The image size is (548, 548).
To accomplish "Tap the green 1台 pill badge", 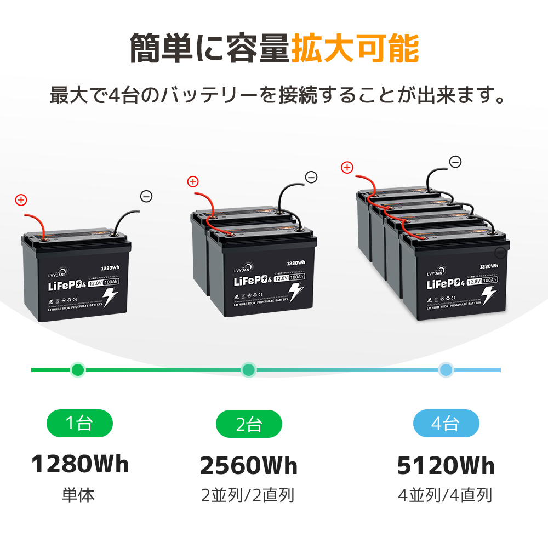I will [79, 423].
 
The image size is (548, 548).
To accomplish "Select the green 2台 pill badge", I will [249, 424].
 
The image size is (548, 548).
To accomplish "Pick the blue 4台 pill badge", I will [446, 423].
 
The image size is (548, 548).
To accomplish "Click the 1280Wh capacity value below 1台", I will [80, 464].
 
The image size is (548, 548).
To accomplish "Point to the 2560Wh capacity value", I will [249, 466].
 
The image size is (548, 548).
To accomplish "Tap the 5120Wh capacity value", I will [446, 466].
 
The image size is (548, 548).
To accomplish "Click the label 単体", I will [78, 496].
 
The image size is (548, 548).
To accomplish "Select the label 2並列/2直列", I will [248, 496].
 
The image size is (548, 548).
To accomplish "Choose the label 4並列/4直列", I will [445, 496].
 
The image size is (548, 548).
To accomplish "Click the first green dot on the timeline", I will [78, 370].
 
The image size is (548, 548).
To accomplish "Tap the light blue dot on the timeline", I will [446, 370].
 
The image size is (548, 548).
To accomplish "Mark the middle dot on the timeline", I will [249, 370].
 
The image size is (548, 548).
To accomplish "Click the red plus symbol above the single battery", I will [21, 200].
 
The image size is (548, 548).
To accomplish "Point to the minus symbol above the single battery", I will [146, 196].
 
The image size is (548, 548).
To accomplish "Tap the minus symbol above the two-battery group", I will [311, 177].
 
